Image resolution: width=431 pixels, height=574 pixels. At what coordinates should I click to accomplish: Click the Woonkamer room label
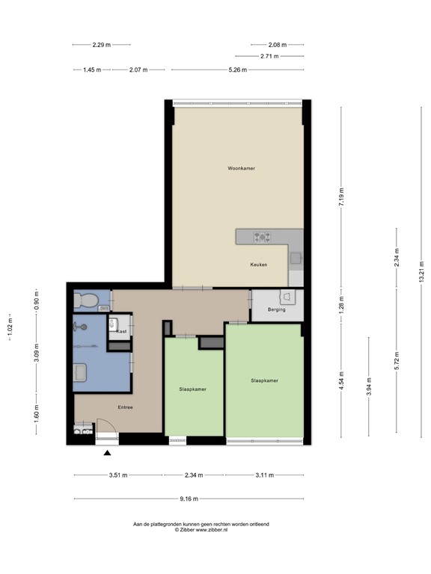click(x=241, y=168)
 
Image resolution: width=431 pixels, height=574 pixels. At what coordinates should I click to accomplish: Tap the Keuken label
click(x=260, y=265)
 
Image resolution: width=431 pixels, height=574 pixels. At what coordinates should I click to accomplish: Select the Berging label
click(x=276, y=309)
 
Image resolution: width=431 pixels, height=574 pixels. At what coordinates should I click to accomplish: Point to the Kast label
click(x=121, y=330)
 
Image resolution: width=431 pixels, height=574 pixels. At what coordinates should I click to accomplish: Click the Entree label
click(x=125, y=407)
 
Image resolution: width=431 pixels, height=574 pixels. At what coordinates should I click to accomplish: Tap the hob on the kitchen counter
click(x=262, y=238)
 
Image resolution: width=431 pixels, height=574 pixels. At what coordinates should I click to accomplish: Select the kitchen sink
click(x=296, y=259)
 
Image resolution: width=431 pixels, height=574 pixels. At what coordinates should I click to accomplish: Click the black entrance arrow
click(x=108, y=453)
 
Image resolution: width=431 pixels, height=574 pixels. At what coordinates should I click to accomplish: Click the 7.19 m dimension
click(x=341, y=196)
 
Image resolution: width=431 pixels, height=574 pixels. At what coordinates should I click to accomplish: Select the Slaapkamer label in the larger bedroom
click(x=264, y=380)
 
